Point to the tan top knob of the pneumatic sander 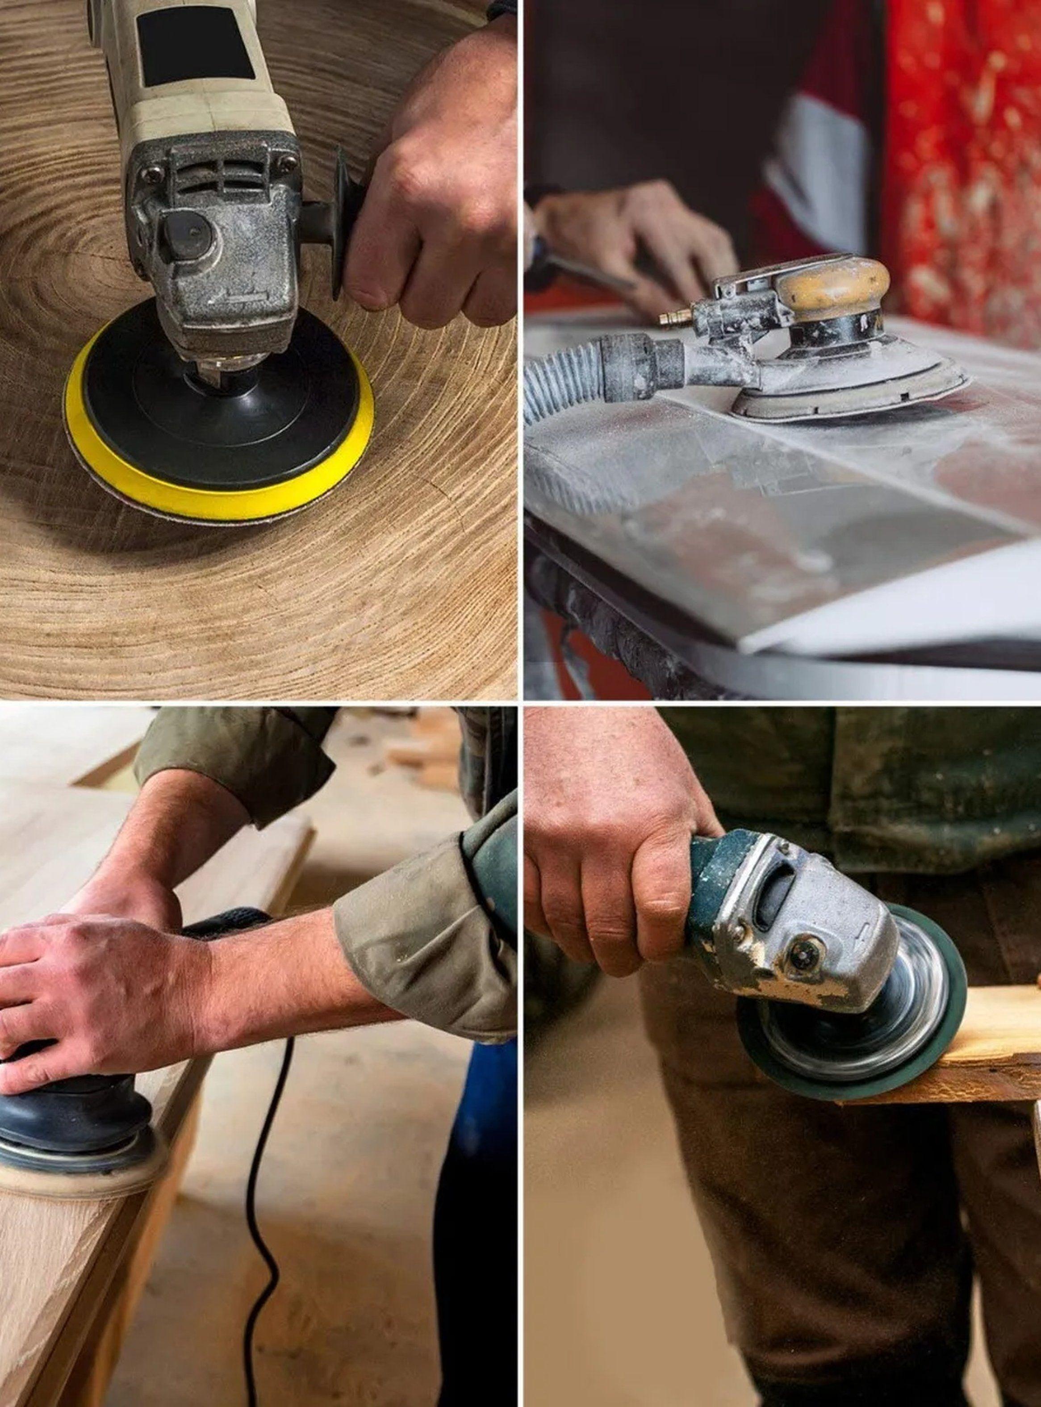(832, 284)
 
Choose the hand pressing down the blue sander (95, 1002)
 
